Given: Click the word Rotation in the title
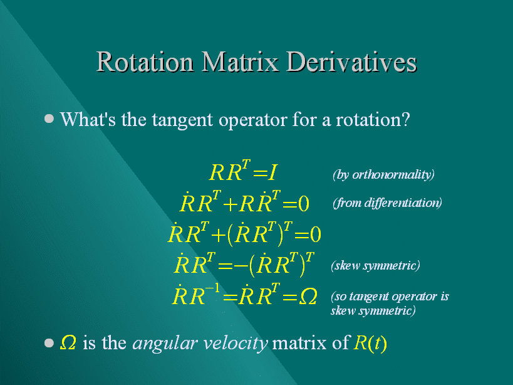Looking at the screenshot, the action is click(145, 61).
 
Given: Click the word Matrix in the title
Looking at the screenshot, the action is click(240, 61).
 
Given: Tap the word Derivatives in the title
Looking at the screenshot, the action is click(351, 61).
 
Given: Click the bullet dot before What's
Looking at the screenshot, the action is click(49, 118).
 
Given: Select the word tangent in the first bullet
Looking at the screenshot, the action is click(182, 120).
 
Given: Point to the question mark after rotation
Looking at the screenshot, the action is click(406, 120).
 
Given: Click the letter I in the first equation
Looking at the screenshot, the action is click(272, 172).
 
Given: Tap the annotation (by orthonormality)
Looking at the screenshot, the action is click(383, 174).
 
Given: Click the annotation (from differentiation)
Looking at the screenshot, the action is click(387, 203).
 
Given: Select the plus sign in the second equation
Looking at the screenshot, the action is click(230, 204).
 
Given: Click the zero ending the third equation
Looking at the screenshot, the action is click(316, 235).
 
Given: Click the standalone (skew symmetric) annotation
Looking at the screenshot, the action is click(375, 265).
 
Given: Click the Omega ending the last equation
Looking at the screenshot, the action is click(308, 297).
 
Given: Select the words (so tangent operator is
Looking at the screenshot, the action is click(390, 297).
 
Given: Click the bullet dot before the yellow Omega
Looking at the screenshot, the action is click(49, 343).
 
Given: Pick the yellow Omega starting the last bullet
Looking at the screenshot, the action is click(68, 343).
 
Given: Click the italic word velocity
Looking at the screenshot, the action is click(236, 344).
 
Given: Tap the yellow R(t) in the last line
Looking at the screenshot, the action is click(370, 344).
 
